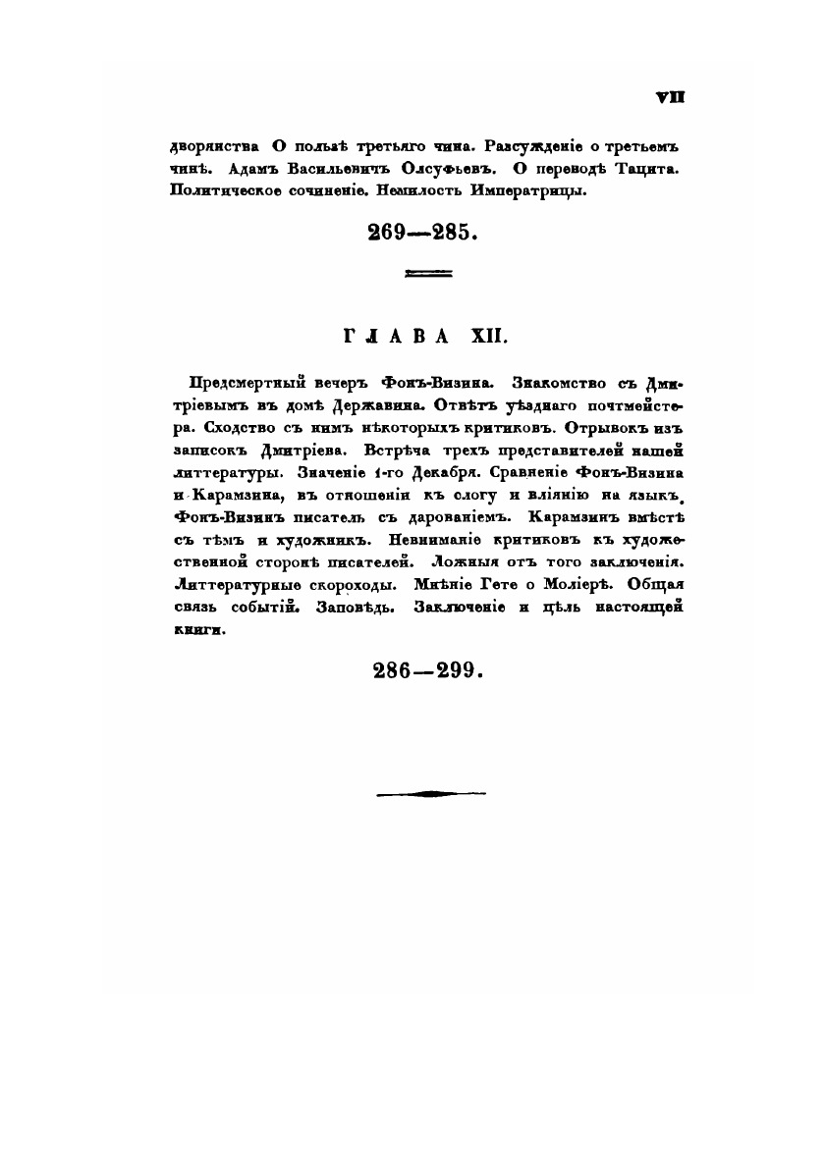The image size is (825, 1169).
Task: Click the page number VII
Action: click(x=670, y=97)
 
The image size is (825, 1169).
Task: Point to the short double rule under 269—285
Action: click(x=428, y=274)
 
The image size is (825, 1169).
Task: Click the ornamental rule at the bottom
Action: click(x=429, y=792)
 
